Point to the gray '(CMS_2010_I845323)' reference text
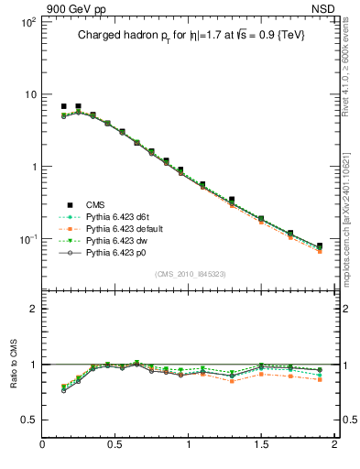tap(189, 273)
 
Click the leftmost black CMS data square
tap(63, 106)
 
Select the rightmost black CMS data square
tap(320, 245)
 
